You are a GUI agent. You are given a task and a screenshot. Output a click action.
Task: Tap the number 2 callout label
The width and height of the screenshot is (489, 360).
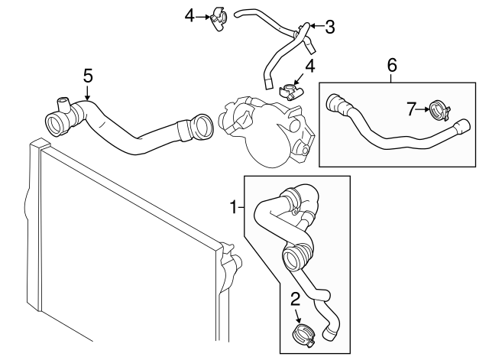[295, 299]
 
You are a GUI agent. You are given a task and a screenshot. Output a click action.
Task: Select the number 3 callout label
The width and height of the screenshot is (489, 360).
[329, 28]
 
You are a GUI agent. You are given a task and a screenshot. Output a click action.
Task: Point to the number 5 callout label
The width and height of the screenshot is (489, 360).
[88, 75]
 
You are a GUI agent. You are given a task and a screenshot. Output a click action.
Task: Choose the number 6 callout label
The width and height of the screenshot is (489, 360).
[392, 65]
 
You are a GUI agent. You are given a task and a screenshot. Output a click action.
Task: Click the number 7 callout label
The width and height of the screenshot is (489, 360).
[412, 110]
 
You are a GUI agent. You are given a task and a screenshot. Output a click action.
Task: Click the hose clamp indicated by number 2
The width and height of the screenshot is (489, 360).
[303, 334]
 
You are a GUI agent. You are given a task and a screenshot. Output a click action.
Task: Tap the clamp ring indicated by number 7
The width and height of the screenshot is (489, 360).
[439, 111]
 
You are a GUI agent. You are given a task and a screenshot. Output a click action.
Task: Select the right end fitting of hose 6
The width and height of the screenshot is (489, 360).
[461, 128]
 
